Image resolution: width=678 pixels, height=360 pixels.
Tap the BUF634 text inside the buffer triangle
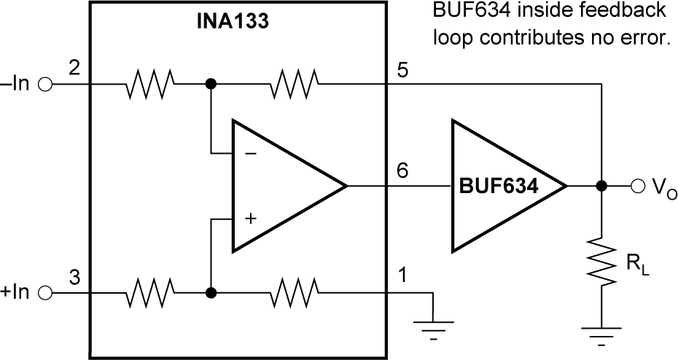coord(498,186)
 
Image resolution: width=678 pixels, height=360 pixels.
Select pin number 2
coord(74,69)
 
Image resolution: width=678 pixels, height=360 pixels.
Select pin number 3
coord(74,278)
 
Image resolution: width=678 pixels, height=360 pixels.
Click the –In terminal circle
coord(45,85)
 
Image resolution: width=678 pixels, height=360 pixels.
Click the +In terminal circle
coord(45,294)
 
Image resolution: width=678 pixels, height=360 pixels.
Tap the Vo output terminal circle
coord(639,187)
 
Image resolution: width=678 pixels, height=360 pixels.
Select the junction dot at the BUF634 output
coord(601,187)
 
